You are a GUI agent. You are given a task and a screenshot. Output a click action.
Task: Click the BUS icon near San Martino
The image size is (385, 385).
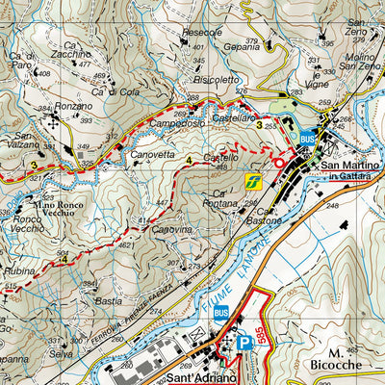coord(307,139)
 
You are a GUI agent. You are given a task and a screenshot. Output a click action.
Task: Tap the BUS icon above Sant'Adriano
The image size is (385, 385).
coord(221,312)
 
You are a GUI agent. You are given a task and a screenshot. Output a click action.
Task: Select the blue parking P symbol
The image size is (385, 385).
coord(244,342)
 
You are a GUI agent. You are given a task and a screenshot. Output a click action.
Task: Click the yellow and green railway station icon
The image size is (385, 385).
coord(253,180)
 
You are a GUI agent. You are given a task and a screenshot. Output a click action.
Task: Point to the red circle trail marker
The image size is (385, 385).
coord(279,163)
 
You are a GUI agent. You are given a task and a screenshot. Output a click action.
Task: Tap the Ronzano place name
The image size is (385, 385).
coord(74,106)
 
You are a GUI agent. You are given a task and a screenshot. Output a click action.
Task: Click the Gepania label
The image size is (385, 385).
coord(242,45)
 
